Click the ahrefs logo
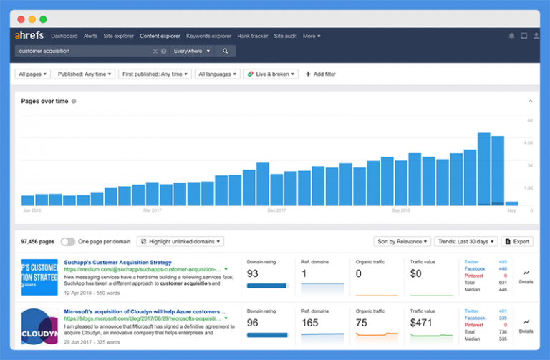tap(29, 36)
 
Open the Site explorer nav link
tap(118, 36)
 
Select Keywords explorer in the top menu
tap(208, 36)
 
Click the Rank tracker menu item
tap(253, 36)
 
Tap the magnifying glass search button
tap(225, 52)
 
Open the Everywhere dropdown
tap(192, 52)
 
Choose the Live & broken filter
tap(271, 74)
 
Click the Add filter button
tap(320, 74)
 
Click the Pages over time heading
tap(44, 102)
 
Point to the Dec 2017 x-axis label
tap(277, 211)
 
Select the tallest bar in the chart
tap(483, 169)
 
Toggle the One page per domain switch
tap(68, 242)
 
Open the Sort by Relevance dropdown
tap(402, 242)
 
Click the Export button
tap(516, 242)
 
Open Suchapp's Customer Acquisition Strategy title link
tap(117, 263)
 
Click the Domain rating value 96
tap(254, 323)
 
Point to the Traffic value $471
tap(422, 323)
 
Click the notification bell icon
tap(511, 36)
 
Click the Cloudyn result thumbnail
tap(39, 327)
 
